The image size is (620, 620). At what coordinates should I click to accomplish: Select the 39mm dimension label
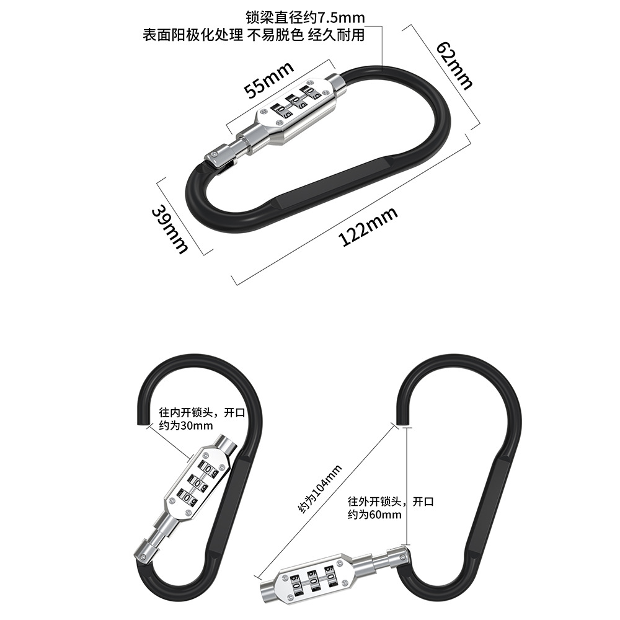169,229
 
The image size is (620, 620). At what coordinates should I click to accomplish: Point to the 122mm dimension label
368,227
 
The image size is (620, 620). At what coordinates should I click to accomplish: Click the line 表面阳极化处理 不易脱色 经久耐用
254,35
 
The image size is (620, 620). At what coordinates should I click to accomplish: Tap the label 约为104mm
320,489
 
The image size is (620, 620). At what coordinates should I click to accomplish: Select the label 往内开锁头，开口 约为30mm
187,418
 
